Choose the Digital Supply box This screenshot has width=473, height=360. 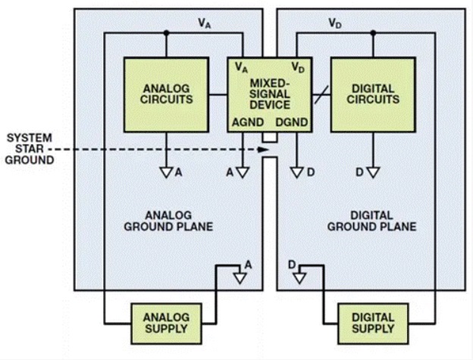(372, 323)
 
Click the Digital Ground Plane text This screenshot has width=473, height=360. (371, 221)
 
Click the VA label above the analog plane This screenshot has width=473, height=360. (204, 23)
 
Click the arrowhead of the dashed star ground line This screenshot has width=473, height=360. (262, 150)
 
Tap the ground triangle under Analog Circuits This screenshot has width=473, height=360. (168, 172)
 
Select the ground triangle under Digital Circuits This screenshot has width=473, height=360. (372, 172)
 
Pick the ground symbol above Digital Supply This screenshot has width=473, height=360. (300, 277)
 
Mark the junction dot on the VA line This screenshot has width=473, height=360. (166, 33)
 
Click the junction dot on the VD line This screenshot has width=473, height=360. (372, 33)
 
